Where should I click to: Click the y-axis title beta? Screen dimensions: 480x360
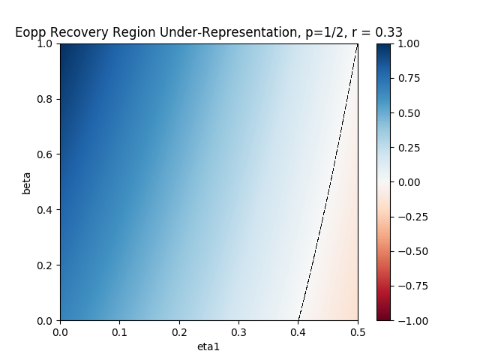(27, 183)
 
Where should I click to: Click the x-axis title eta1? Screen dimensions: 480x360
(208, 346)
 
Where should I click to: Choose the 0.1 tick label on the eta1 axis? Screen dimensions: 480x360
(119, 332)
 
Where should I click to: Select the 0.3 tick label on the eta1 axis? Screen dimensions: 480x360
(238, 332)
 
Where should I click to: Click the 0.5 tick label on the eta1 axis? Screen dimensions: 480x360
(358, 332)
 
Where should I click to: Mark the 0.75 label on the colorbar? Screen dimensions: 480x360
(409, 78)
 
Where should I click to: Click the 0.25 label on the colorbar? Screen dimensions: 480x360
(409, 148)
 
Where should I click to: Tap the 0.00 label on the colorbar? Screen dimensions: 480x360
(409, 182)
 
